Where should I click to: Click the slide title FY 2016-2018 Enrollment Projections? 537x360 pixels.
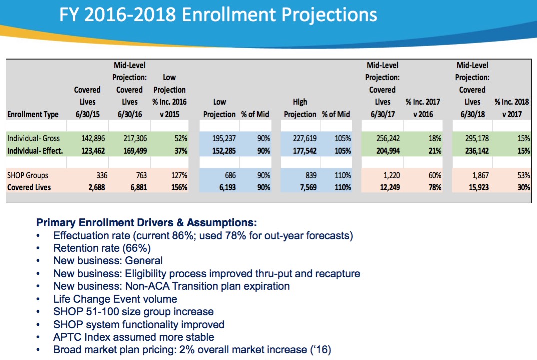click(218, 15)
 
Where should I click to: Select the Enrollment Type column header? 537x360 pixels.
click(33, 114)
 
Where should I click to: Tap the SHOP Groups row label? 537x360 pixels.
click(27, 176)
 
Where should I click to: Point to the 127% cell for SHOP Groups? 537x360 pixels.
click(178, 176)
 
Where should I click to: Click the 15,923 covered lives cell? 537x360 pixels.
click(474, 187)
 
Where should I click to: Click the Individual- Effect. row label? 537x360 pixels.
click(35, 150)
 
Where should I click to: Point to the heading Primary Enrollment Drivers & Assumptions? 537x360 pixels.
click(147, 222)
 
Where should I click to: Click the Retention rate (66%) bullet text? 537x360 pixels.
click(102, 248)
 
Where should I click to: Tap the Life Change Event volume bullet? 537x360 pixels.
click(115, 299)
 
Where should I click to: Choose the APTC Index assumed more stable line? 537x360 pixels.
click(134, 337)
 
